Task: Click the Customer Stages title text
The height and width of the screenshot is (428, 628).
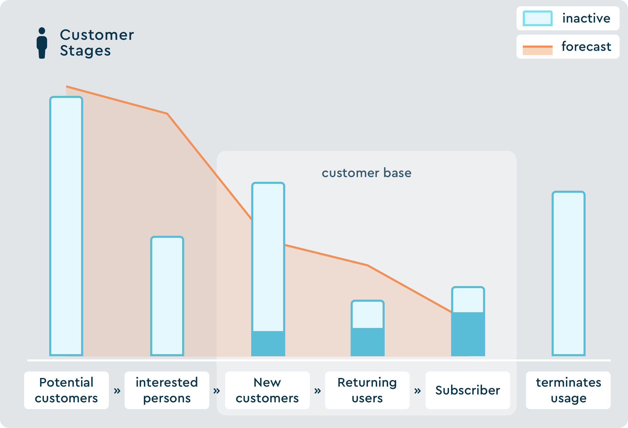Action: (97, 43)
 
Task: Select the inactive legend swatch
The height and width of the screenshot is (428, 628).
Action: (537, 18)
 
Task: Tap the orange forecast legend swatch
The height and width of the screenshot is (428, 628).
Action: (537, 50)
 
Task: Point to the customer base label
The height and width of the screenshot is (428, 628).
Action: (366, 173)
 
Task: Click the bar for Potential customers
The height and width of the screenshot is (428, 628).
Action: (66, 226)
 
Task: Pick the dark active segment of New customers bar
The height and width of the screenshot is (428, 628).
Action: (268, 343)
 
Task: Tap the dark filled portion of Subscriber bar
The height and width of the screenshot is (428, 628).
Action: (468, 334)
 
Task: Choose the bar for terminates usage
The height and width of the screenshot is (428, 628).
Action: (569, 273)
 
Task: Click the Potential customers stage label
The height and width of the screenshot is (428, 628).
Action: (66, 390)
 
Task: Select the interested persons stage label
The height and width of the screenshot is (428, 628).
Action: (167, 390)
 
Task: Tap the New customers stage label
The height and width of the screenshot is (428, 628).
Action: (267, 390)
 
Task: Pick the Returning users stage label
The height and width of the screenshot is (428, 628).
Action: (367, 390)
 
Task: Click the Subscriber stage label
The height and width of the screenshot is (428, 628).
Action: (468, 390)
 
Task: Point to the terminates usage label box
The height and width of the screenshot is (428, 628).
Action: (568, 390)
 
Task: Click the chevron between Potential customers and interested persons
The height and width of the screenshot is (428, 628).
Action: (117, 391)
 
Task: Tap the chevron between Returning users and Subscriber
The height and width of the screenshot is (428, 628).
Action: (418, 391)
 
